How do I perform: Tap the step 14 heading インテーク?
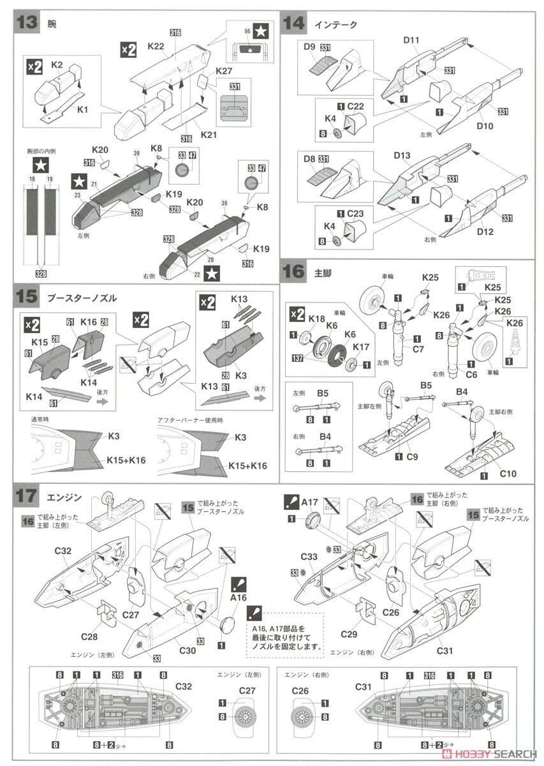(x=335, y=25)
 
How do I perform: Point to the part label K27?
(x=223, y=71)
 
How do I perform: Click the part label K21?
(x=209, y=135)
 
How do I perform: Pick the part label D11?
(x=411, y=40)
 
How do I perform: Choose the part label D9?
(x=310, y=47)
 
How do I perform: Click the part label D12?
(x=484, y=232)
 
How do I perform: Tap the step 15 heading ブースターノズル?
(x=82, y=298)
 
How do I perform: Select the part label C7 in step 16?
(x=418, y=349)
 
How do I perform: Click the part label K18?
(x=316, y=318)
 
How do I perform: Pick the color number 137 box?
(x=297, y=358)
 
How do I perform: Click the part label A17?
(x=309, y=502)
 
